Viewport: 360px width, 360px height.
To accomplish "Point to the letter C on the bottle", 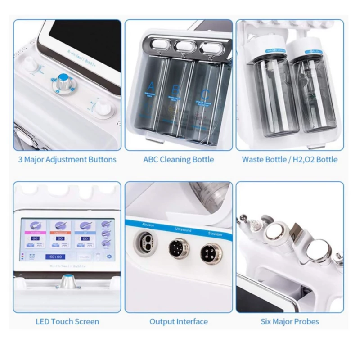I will click(x=205, y=94).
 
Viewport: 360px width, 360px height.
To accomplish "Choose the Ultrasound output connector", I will click(x=176, y=247).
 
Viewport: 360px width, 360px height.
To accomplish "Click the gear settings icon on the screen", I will click(x=108, y=256).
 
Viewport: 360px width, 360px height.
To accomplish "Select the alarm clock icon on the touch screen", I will click(x=33, y=256).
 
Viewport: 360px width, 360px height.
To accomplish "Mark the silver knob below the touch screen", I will click(x=68, y=282).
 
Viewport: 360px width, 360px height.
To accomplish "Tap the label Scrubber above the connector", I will click(x=208, y=234).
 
